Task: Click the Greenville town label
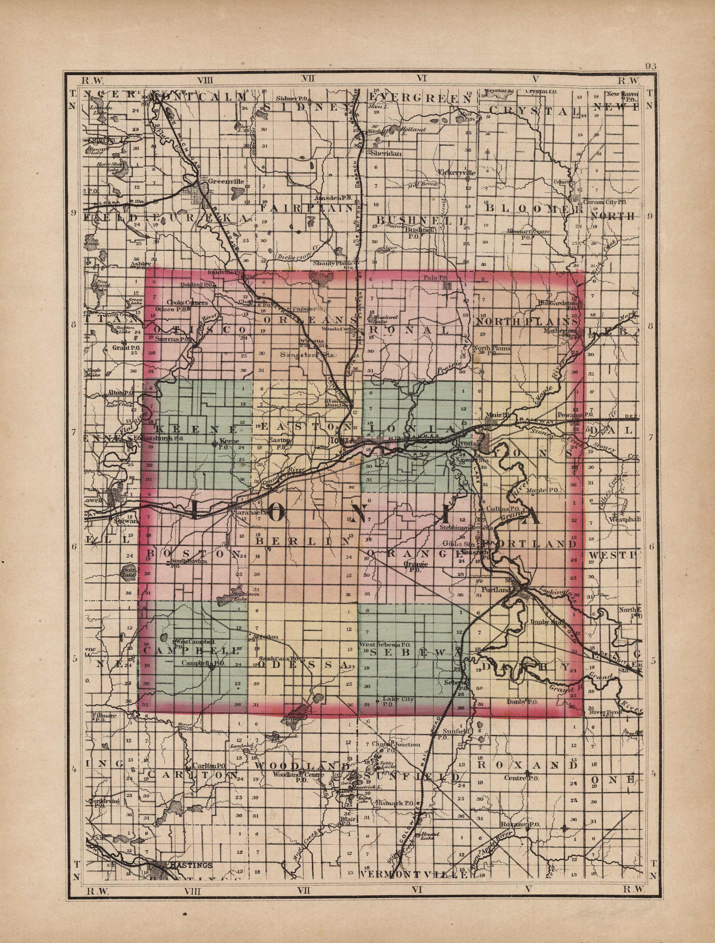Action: (226, 181)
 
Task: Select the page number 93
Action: (650, 66)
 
